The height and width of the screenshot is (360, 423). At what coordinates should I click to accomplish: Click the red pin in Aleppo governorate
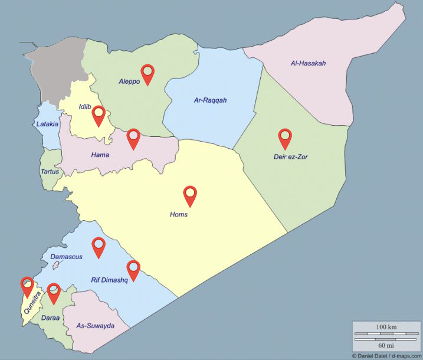pos(147,73)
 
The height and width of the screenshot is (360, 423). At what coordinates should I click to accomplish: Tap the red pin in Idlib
pos(98,114)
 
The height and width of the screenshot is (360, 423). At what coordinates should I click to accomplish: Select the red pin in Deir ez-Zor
pos(286,138)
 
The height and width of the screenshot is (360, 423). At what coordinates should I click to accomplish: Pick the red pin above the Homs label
pos(190,195)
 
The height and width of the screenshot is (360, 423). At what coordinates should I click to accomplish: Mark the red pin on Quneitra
pos(27,286)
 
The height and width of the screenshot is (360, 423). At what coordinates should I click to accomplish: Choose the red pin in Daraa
pos(54,292)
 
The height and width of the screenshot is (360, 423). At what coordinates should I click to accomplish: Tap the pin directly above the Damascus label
pos(98,246)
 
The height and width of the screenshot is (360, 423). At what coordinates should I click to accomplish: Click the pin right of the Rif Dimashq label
pos(134,269)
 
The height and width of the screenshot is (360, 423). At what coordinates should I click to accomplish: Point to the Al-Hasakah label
pos(308,63)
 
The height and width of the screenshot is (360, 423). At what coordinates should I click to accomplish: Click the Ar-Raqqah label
pos(210,100)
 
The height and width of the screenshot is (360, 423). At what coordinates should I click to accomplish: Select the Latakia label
pos(47,124)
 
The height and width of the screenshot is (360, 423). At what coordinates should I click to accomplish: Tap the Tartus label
pos(50,171)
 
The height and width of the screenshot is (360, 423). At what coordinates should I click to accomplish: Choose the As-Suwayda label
pos(95,326)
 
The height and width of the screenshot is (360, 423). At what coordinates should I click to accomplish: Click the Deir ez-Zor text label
pos(291,156)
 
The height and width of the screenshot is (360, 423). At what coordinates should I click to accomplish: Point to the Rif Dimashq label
pos(109,280)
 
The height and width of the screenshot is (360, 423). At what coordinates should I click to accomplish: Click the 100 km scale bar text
pos(386,326)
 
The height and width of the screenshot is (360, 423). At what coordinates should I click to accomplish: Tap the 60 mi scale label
pos(386,345)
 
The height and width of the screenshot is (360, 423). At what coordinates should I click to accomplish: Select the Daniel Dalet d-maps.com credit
pos(386,356)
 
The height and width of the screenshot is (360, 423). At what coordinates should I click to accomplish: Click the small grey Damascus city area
pos(56,266)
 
